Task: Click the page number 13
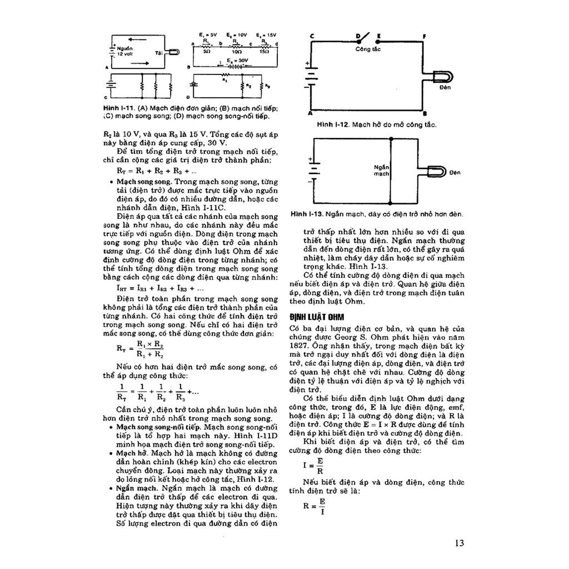coord(459,543)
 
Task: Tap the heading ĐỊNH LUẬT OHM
coord(317,317)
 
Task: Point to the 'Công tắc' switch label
coord(367,49)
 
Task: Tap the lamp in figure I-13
coord(436,172)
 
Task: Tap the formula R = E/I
coord(315,507)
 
